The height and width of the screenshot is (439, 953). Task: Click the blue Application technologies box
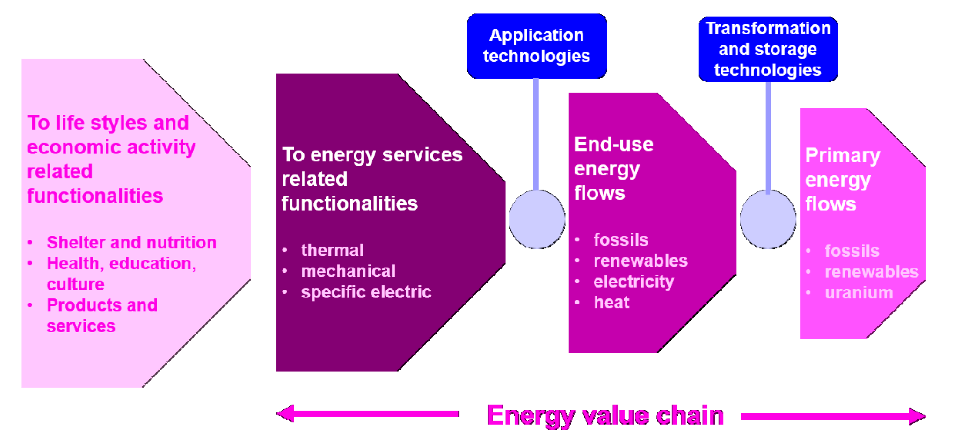(x=536, y=46)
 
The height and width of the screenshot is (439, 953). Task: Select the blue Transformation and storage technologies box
(x=768, y=49)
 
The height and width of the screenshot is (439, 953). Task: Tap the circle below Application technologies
(x=537, y=219)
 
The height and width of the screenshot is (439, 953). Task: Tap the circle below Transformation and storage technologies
(x=768, y=219)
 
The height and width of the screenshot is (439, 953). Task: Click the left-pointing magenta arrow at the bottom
(x=368, y=414)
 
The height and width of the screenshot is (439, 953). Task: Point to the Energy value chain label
(x=605, y=415)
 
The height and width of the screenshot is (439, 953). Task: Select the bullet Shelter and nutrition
(x=131, y=242)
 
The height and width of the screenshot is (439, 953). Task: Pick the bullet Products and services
(x=102, y=315)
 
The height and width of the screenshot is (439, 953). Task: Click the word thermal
(x=332, y=250)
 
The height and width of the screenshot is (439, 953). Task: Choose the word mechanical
(x=348, y=271)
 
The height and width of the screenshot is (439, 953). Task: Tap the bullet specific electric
(x=366, y=292)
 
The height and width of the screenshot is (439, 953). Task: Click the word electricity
(x=634, y=281)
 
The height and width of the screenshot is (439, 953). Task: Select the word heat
(x=611, y=303)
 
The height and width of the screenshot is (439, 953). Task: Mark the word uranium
(x=859, y=293)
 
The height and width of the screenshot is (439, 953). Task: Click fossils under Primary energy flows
(x=852, y=251)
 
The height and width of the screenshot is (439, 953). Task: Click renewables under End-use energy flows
(x=640, y=261)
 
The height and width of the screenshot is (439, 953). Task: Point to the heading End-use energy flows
(x=613, y=168)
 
